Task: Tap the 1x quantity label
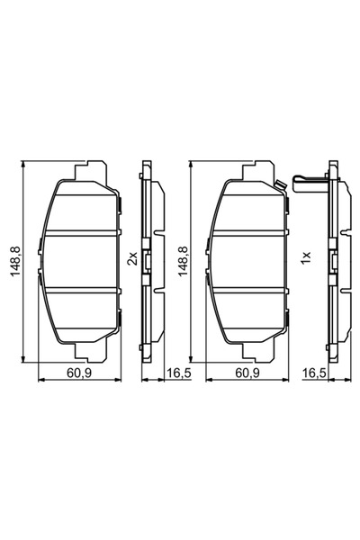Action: pyautogui.click(x=306, y=260)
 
